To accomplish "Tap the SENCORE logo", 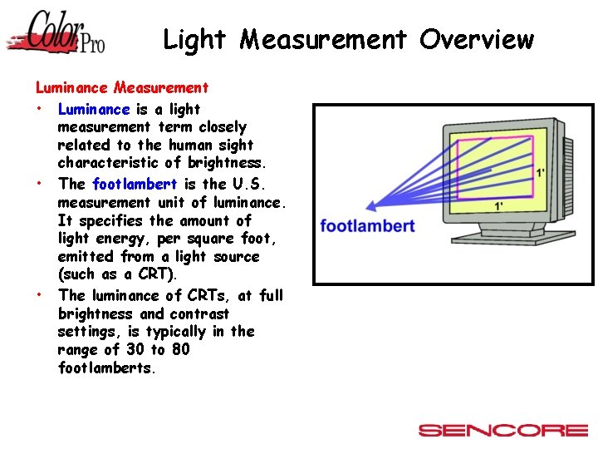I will coord(502,430).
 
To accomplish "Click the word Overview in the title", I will coord(477,39).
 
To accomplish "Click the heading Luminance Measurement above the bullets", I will coord(121,86).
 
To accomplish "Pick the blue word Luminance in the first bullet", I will coord(94,109).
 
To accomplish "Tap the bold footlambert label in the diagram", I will coord(367,226).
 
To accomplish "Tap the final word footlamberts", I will coord(106,368).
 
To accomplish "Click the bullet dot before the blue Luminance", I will coord(39,109).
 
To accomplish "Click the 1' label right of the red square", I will coord(541,173).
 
